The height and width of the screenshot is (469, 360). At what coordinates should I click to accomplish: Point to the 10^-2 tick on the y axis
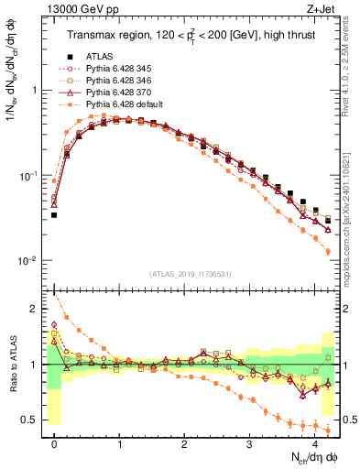29,261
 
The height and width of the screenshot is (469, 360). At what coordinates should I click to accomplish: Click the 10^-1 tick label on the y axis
29,176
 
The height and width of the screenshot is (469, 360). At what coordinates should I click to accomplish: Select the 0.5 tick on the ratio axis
29,420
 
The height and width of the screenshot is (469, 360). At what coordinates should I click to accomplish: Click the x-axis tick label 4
315,444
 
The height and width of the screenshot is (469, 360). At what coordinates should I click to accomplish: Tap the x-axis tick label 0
55,444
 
